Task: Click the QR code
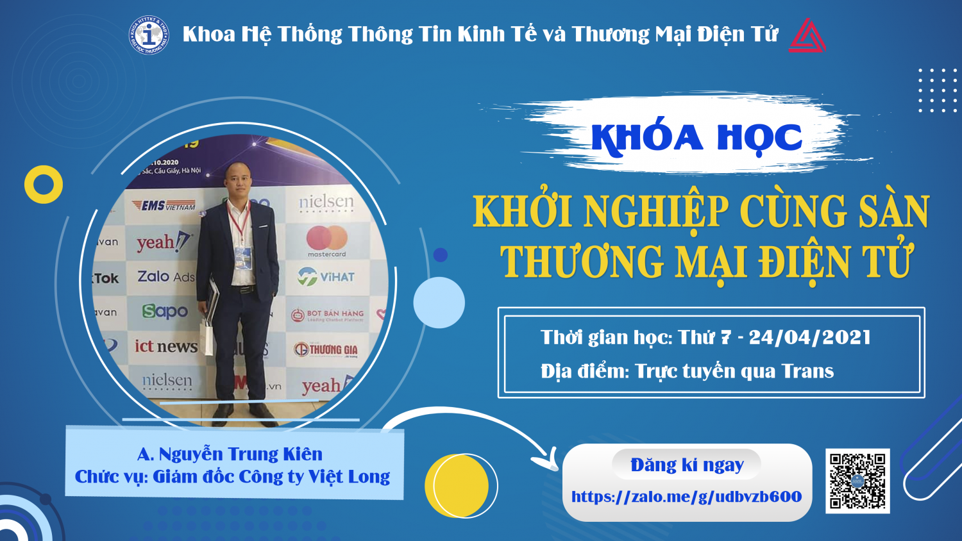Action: pyautogui.click(x=857, y=481)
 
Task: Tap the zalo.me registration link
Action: pyautogui.click(x=686, y=497)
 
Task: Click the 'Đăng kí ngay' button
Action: pyautogui.click(x=687, y=465)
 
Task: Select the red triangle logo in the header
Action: pyautogui.click(x=807, y=35)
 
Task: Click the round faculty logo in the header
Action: pyautogui.click(x=149, y=35)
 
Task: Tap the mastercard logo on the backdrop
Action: pyautogui.click(x=326, y=241)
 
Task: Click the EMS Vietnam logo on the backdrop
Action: pyautogui.click(x=164, y=206)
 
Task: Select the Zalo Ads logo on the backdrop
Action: pyautogui.click(x=165, y=276)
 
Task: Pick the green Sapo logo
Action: pyautogui.click(x=165, y=312)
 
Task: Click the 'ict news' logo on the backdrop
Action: pyautogui.click(x=165, y=347)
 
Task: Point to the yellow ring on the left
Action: pyautogui.click(x=44, y=185)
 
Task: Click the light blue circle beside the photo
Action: pyautogui.click(x=439, y=303)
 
